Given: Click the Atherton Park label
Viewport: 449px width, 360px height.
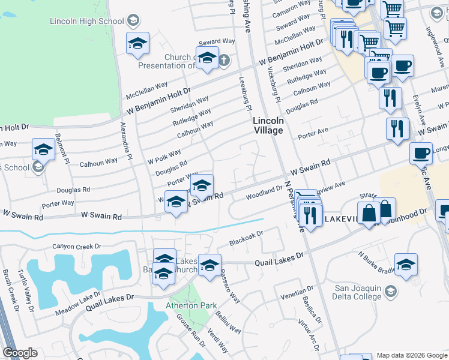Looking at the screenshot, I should pos(191,305).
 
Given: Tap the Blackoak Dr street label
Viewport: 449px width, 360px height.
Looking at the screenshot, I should pos(246,238).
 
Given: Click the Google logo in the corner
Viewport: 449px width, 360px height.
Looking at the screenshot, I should pos(20,353).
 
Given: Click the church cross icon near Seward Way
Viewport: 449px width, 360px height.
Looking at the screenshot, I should pos(224,60).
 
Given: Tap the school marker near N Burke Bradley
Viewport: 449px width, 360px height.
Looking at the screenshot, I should pos(406,264).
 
